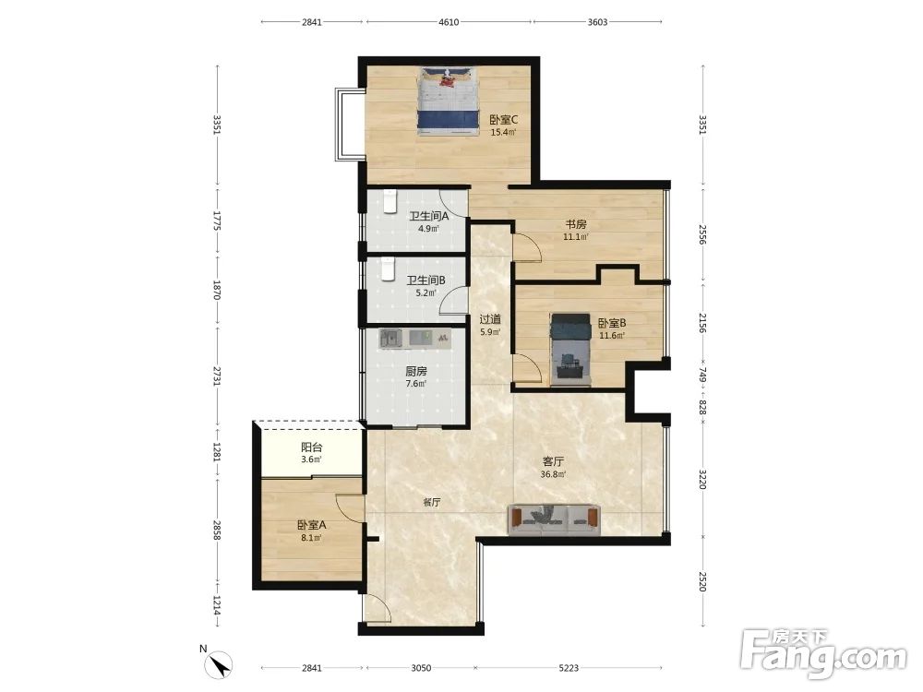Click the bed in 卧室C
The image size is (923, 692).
coord(448,101)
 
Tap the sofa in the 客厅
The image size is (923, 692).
coord(555,519)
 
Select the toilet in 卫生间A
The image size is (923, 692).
coord(390,201)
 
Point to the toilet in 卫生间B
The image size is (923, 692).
coord(387,268)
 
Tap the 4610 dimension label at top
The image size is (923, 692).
coord(449,22)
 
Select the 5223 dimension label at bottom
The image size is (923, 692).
coord(569,668)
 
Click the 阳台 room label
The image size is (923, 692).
coord(311,447)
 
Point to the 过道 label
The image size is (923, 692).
coord(490,319)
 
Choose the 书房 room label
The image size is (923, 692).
coord(576,225)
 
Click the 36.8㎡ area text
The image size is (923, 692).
coord(553,474)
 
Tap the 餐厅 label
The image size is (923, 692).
coord(431,503)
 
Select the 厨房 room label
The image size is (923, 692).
coord(416,371)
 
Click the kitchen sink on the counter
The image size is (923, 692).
coord(390,339)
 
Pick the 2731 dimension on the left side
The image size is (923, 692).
coord(217,375)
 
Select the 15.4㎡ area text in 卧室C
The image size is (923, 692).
coord(503,132)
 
